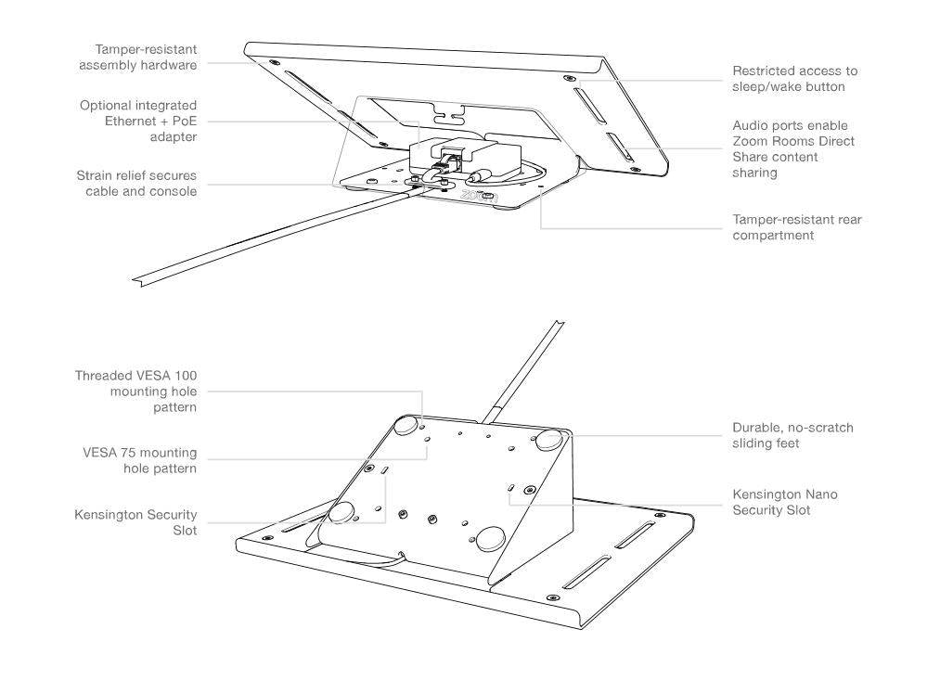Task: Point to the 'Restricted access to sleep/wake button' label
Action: point(794,79)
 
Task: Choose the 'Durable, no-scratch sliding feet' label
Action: point(792,435)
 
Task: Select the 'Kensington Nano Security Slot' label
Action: point(784,503)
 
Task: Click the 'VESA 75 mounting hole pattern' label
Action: point(139,460)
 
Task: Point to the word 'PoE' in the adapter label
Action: point(182,122)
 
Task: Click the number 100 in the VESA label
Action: point(184,376)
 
